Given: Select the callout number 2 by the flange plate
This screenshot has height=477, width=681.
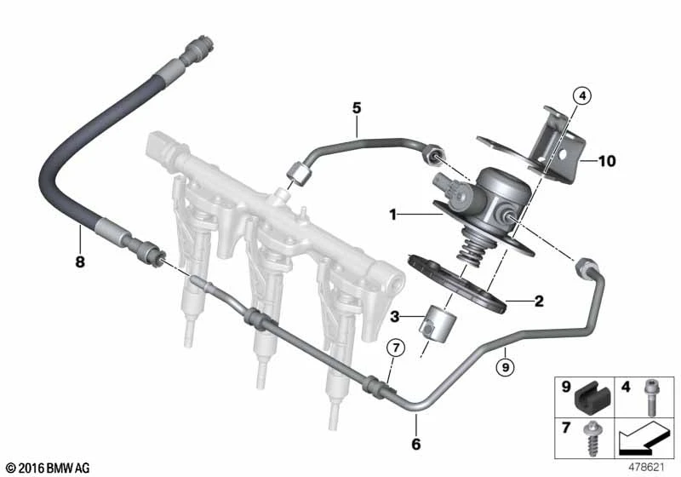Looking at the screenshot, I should [537, 301].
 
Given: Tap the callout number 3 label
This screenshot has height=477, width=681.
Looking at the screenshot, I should [393, 317].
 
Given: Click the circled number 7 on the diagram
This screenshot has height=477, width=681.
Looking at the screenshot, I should [394, 348].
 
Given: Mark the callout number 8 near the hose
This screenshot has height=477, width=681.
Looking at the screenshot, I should [80, 262].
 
